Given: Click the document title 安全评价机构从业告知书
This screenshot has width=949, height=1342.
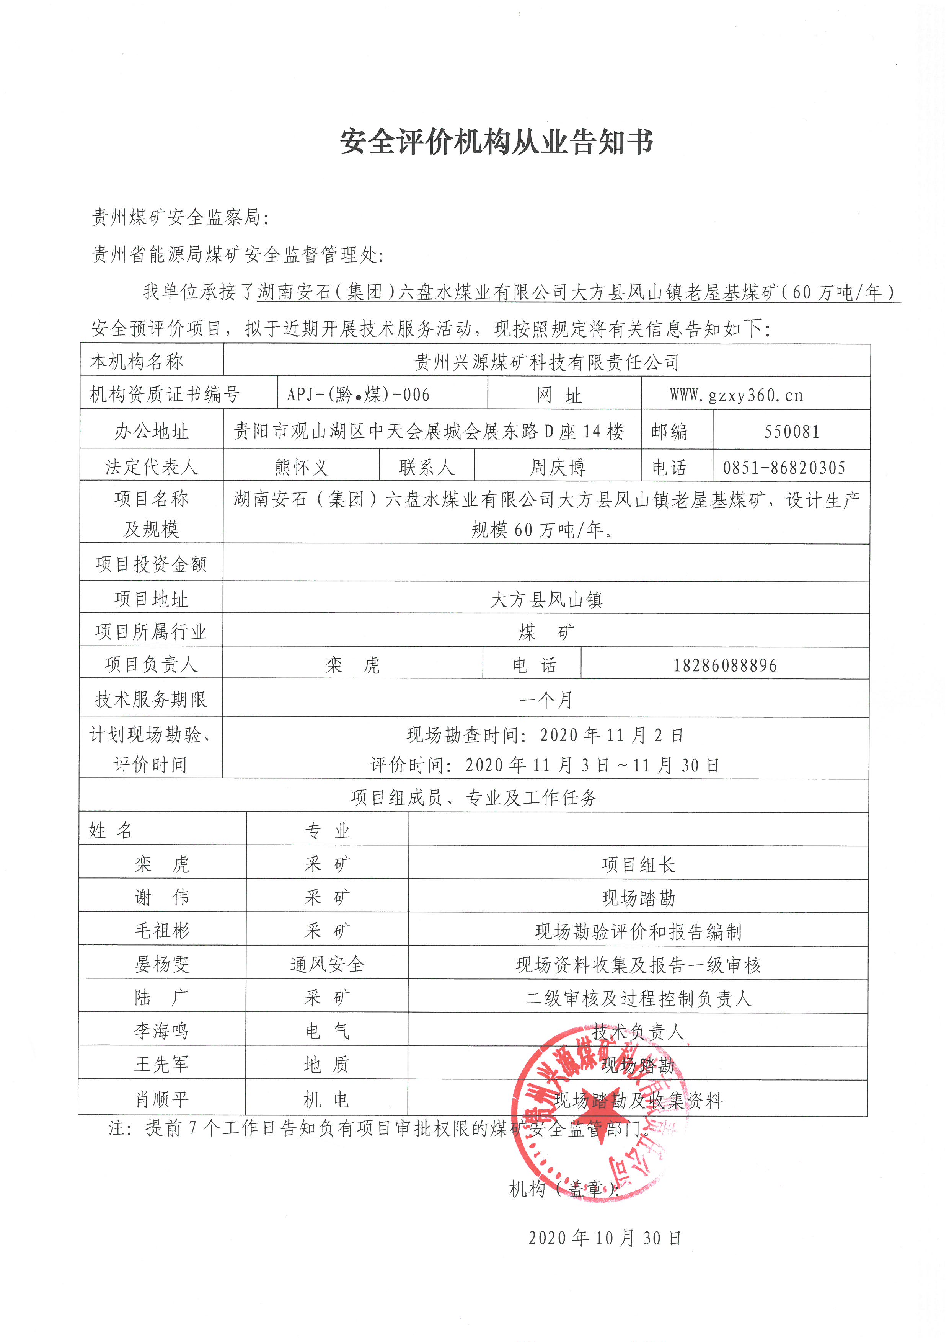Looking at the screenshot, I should point(497,142).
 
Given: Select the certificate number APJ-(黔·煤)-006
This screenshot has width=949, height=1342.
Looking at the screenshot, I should point(358,395).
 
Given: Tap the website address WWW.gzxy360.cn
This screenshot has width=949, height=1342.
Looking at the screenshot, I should point(736,396).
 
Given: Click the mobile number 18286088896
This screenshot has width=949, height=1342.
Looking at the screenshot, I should point(725,665).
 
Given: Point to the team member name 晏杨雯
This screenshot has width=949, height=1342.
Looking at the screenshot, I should point(162,964).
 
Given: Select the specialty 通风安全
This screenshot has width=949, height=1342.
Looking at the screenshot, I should point(327,964).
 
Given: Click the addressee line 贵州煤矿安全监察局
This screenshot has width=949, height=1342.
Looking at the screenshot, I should point(180,217).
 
